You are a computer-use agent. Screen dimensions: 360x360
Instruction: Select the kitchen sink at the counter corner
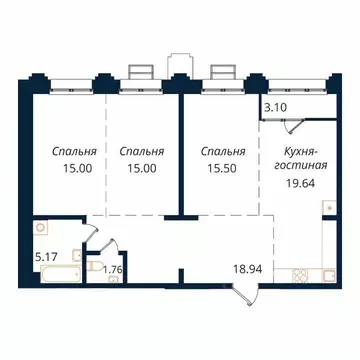(x=326, y=209)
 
